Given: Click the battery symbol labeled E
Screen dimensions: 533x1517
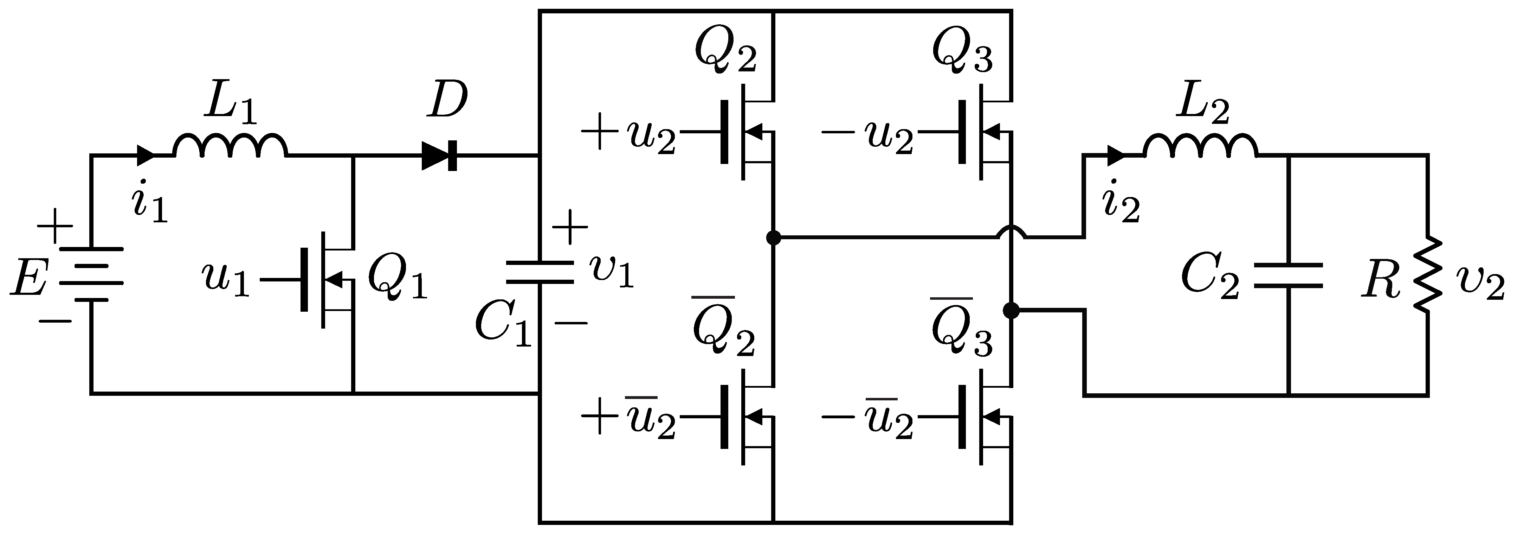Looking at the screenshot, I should point(91,274).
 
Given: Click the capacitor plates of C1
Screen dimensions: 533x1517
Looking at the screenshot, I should point(540,272).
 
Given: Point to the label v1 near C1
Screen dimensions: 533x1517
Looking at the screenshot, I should point(612,272).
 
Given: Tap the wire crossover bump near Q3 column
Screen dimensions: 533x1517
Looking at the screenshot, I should point(1011,232).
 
